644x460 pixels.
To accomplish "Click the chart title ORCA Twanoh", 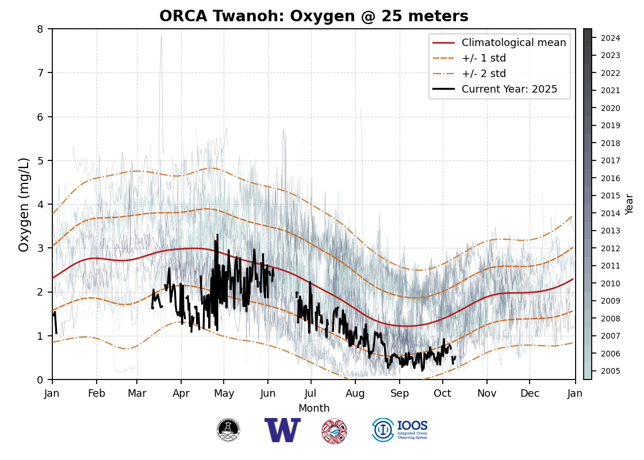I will pos(313,16).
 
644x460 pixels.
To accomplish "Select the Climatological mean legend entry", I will pos(513,43).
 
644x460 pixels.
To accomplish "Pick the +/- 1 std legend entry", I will pos(484,58).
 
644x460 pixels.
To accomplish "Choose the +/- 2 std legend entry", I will pos(484,74).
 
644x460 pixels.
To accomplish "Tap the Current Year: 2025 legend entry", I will pos(509,89).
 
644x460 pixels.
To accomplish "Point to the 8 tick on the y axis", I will pos(40,29).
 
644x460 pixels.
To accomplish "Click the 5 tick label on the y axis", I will pos(40,160).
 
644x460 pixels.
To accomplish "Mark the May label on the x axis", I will pos(224,393).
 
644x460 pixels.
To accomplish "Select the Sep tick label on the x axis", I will pos(400,393).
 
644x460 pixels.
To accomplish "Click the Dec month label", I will pos(530,393).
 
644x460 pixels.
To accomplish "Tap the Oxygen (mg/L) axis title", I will pos(24,204).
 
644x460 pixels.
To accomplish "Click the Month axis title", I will pos(314,408).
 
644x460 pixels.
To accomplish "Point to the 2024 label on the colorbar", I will pos(610,38).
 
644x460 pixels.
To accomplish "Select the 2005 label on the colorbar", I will pos(610,371).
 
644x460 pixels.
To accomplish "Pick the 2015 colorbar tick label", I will pos(610,195).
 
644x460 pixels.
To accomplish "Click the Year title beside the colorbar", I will pos(630,204).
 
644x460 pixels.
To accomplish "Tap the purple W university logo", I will pos(282,430).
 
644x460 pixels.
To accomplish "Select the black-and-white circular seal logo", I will pos(228,430).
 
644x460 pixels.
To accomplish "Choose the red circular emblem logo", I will pos(334,431).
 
